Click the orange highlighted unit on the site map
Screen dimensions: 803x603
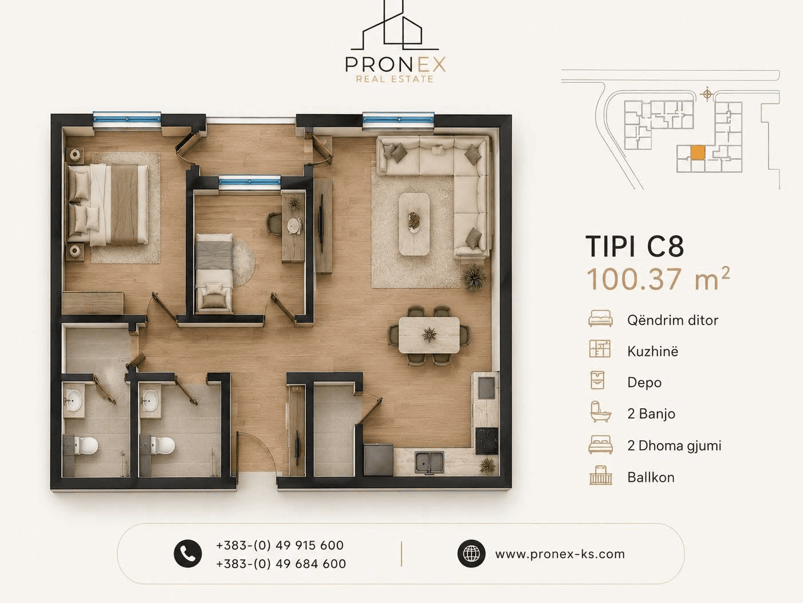coord(698,152)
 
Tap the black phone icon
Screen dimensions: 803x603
coord(188,554)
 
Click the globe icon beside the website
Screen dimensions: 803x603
coord(471,554)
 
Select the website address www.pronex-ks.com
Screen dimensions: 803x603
coord(560,554)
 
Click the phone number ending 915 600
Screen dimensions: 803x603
coord(280,545)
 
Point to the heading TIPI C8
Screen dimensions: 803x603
coord(635,246)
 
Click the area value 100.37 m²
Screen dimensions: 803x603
coord(658,279)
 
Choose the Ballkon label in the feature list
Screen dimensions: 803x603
coord(651,477)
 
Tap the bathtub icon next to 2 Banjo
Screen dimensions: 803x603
coord(600,412)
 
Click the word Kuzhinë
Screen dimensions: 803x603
coord(652,351)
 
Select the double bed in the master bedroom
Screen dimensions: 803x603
coord(108,204)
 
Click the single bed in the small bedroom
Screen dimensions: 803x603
coord(214,272)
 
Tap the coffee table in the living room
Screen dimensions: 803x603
coord(414,224)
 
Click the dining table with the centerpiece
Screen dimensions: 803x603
coord(429,335)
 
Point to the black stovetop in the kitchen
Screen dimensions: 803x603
coord(487,441)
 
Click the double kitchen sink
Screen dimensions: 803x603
coord(429,461)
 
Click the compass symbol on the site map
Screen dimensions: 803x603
coord(707,95)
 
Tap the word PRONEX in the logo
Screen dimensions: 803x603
coord(395,64)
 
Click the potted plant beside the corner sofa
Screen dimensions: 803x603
coord(474,277)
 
